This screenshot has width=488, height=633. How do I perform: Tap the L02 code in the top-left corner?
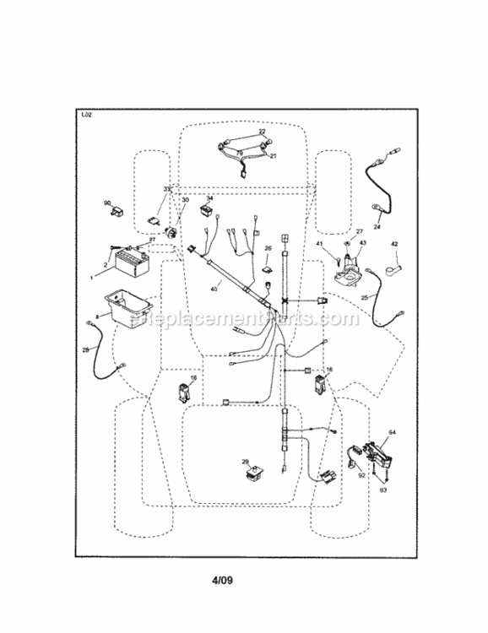point(86,116)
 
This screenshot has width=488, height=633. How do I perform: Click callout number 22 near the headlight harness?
point(262,133)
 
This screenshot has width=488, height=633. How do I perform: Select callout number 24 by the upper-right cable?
point(377,227)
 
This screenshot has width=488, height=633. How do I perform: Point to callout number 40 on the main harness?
point(214,289)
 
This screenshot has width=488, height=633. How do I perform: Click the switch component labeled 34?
point(206,210)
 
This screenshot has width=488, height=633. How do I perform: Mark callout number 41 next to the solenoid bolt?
point(320,244)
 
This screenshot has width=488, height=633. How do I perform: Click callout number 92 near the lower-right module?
point(362,475)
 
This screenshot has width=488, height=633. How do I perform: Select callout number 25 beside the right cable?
point(364,297)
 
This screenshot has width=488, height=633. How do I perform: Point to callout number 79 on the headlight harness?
point(239,154)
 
